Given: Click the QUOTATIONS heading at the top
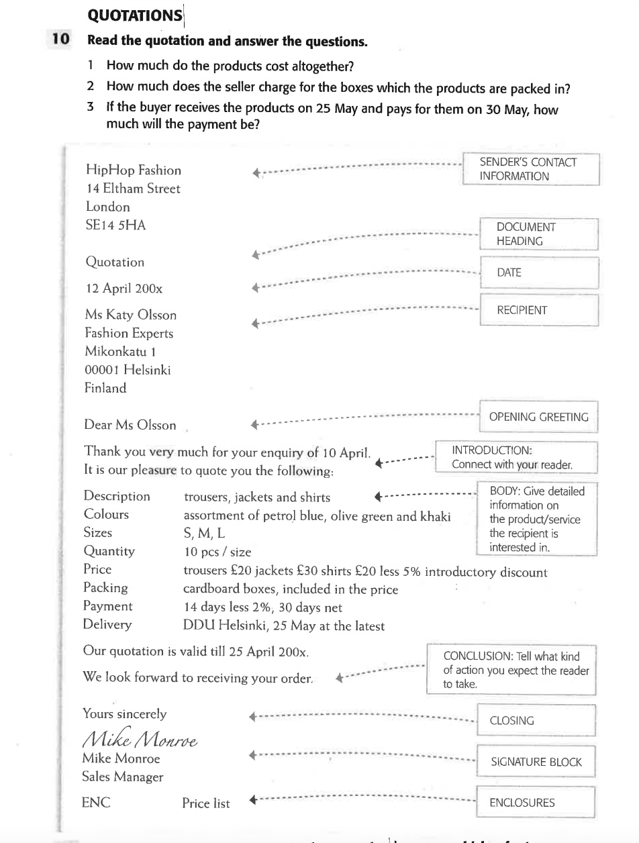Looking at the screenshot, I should pyautogui.click(x=135, y=14).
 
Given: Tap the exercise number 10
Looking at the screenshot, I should pyautogui.click(x=60, y=40).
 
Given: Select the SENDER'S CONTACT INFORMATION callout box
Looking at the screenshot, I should pyautogui.click(x=530, y=169).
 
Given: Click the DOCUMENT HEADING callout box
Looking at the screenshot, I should pyautogui.click(x=538, y=234).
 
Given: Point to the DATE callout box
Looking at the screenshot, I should pyautogui.click(x=538, y=272).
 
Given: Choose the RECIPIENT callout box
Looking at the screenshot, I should pyautogui.click(x=538, y=310).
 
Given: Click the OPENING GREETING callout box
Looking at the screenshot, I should pyautogui.click(x=538, y=417).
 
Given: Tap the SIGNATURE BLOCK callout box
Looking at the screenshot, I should pyautogui.click(x=536, y=762).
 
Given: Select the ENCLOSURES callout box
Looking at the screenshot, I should pyautogui.click(x=536, y=802).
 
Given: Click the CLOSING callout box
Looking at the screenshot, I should pyautogui.click(x=536, y=721).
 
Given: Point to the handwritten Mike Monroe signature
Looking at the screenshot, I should pyautogui.click(x=142, y=738).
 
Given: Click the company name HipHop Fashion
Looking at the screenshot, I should pyautogui.click(x=132, y=170).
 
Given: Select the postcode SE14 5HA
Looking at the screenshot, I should pyautogui.click(x=115, y=226).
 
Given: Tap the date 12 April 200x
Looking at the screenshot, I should pyautogui.click(x=124, y=289).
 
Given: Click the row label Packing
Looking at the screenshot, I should pyautogui.click(x=105, y=588).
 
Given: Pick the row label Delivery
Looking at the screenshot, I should pyautogui.click(x=107, y=625).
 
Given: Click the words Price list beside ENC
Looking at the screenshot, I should pyautogui.click(x=205, y=803).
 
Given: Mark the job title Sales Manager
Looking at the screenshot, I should pyautogui.click(x=123, y=777).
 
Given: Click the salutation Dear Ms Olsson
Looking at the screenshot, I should pyautogui.click(x=130, y=425).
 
